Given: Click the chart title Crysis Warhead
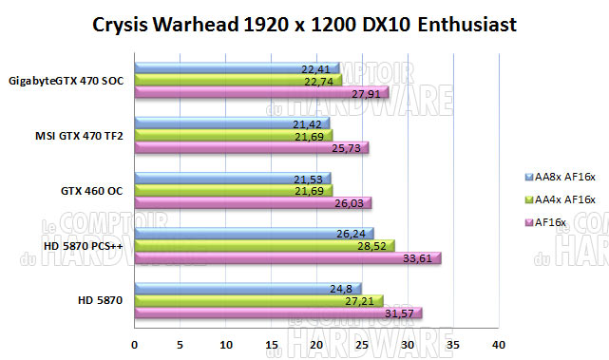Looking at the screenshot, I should pos(304,25).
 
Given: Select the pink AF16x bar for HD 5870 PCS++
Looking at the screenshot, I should pos(285,258).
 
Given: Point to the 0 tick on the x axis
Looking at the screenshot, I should pos(135,344).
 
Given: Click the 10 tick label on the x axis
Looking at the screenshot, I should pos(226,344).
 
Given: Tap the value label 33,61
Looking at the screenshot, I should pos(420,258).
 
